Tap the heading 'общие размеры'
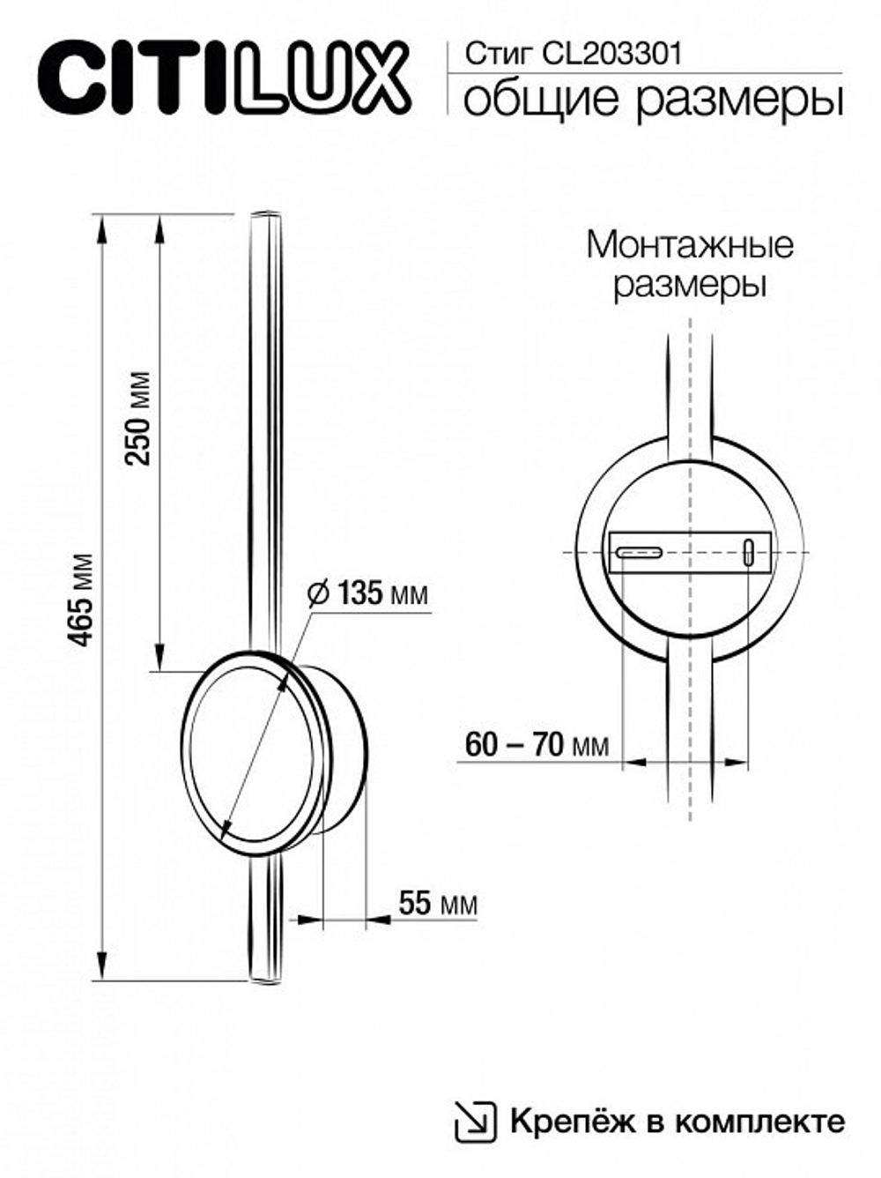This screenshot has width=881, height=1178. (x=653, y=100)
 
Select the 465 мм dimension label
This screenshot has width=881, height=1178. (x=82, y=600)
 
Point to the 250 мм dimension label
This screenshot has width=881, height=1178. (x=138, y=418)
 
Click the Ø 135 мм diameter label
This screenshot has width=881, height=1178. (x=368, y=593)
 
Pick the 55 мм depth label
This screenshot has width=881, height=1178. (x=438, y=903)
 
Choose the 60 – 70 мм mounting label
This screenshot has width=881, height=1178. (x=537, y=746)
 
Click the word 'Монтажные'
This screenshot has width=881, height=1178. (x=689, y=244)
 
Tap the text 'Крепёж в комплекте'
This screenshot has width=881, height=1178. (x=676, y=1122)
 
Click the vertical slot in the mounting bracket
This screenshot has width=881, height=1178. (x=748, y=552)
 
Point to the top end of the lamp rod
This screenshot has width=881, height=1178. (x=264, y=214)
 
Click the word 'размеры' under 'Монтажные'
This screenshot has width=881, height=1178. (x=689, y=286)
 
